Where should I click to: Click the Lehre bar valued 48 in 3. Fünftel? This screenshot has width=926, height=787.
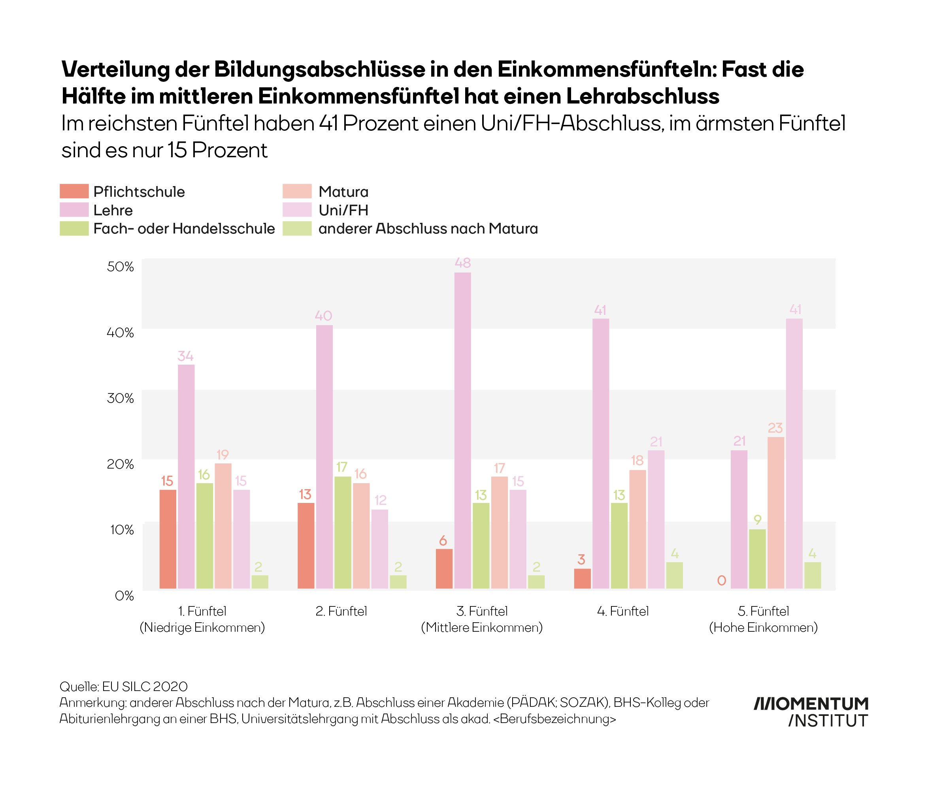(462, 430)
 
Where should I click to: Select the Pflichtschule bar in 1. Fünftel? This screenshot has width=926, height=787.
(168, 539)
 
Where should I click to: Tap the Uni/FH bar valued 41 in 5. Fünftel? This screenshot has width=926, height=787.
(794, 453)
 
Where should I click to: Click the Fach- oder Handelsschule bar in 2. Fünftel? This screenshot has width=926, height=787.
(342, 532)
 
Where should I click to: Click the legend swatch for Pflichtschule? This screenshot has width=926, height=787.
(74, 191)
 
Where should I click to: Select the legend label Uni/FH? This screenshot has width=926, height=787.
(343, 210)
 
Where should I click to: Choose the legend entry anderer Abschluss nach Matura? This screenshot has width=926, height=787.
(428, 228)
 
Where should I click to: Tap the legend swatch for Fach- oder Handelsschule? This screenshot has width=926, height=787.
(74, 228)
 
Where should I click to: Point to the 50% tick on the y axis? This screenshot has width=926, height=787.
(120, 267)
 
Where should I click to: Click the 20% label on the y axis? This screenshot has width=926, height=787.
(120, 464)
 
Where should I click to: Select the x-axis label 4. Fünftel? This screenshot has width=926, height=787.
(622, 611)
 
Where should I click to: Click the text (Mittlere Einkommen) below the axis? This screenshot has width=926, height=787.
(482, 627)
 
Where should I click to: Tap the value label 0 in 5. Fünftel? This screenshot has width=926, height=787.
(721, 580)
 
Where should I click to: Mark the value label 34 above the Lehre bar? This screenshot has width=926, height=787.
(185, 356)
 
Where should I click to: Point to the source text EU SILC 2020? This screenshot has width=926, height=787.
(145, 686)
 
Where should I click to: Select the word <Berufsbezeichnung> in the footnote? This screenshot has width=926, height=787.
(555, 719)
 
